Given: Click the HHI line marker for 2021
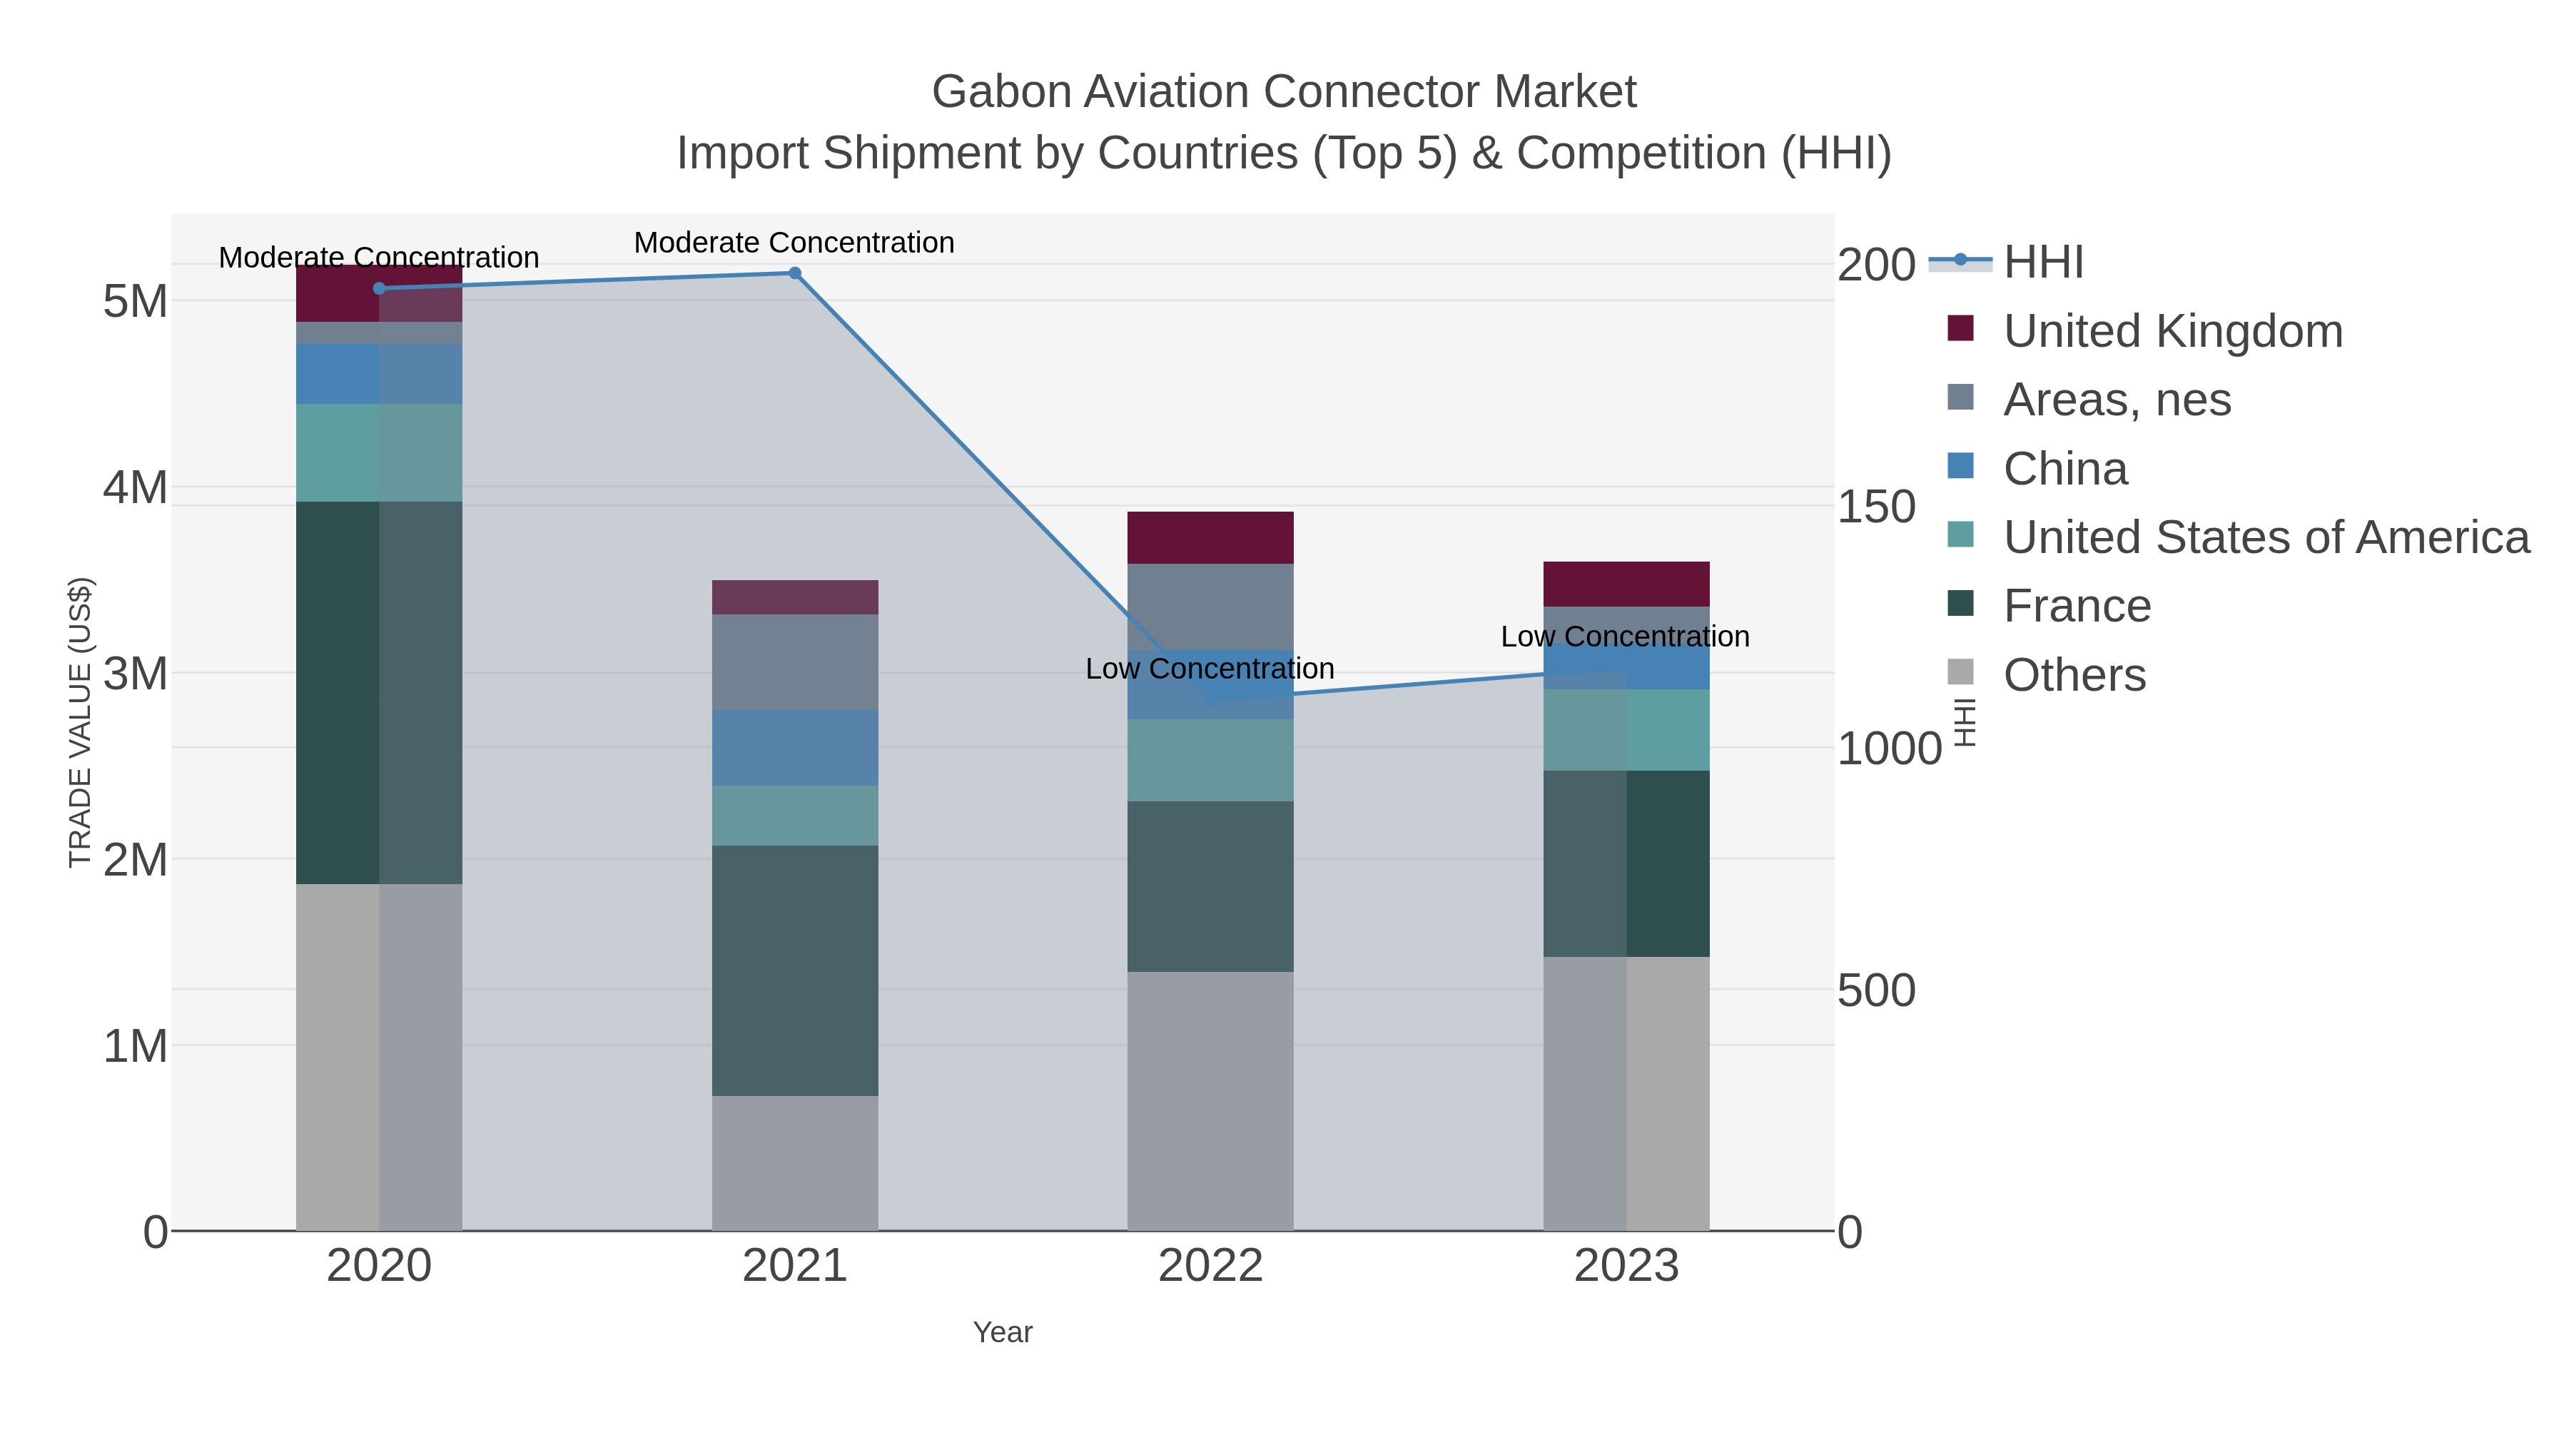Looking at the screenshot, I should [795, 273].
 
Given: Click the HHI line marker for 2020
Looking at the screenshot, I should [379, 288].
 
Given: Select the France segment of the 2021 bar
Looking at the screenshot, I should [795, 970].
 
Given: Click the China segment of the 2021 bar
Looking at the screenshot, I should [795, 748].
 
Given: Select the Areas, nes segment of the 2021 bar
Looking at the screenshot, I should [795, 662].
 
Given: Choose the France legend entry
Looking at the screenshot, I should [2077, 607].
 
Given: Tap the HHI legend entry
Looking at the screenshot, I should [2042, 263].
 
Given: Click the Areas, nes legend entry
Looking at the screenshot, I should [2117, 400].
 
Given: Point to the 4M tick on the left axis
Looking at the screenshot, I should [136, 487].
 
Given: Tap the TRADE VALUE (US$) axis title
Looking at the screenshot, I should [80, 722].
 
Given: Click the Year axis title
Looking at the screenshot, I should [1003, 1332].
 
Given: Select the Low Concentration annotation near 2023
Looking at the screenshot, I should [1625, 637].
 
